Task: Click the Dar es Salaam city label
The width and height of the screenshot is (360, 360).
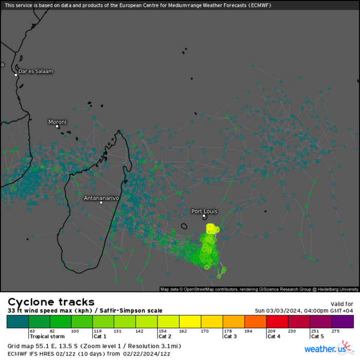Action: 35,71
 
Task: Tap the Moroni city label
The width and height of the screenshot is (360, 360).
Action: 57,122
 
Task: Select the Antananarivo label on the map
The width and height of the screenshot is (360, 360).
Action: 101,197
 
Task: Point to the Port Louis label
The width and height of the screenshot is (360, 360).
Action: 204,211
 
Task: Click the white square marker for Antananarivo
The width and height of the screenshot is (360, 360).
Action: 101,203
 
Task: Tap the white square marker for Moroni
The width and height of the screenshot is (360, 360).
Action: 58,126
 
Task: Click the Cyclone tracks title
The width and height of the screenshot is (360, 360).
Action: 51,302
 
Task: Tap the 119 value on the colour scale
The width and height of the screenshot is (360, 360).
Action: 96,331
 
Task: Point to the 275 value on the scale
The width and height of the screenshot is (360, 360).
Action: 336,331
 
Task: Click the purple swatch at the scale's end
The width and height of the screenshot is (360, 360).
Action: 343,321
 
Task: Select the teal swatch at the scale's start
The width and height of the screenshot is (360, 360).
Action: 17,321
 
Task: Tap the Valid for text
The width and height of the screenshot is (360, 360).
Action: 342,304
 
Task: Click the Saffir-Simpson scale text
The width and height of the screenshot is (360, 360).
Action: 135,311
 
